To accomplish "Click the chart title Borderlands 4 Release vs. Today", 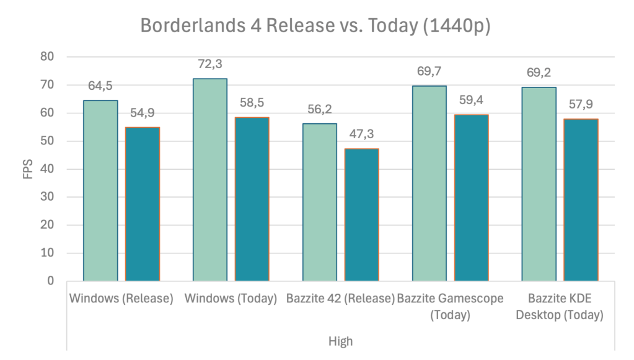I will tap(315, 27).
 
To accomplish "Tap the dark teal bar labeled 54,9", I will tap(142, 204).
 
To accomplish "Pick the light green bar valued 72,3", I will tap(210, 180).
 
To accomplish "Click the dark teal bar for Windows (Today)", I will tap(252, 199).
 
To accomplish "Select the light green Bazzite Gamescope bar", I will tap(429, 183).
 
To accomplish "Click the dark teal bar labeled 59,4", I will tap(471, 198).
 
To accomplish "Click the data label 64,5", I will tap(100, 86).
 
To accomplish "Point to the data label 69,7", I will tap(429, 71).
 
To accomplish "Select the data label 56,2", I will tap(320, 109).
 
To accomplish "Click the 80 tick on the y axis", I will tap(47, 57).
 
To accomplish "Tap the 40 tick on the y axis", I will tap(47, 169).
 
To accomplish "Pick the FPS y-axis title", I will tap(28, 169).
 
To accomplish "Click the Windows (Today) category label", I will tap(231, 299).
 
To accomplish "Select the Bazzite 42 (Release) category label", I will tap(340, 299).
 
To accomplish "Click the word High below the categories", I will tap(340, 341).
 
